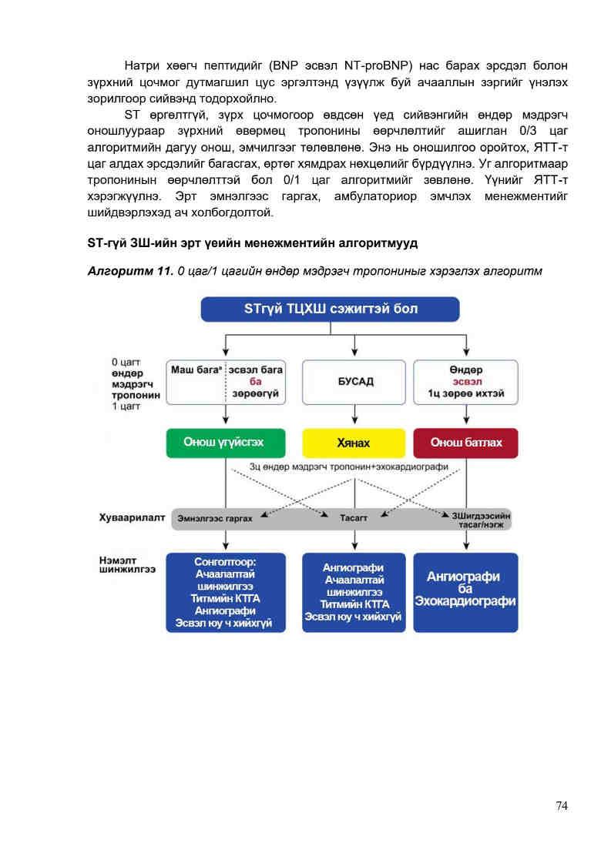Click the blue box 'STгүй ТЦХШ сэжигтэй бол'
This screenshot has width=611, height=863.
(x=330, y=309)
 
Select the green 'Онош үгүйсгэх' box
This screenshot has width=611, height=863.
(x=225, y=443)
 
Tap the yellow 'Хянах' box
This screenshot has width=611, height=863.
(x=353, y=443)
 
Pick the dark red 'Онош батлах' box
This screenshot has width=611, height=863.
(x=465, y=443)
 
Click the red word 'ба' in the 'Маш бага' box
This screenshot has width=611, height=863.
(x=255, y=381)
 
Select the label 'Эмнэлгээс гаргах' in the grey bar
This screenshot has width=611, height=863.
(x=215, y=519)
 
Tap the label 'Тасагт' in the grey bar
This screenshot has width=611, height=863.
(x=354, y=519)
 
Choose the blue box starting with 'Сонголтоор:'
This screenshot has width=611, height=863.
(x=225, y=592)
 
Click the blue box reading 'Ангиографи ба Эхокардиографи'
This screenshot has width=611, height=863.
(x=465, y=592)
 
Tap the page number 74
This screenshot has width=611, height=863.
(x=562, y=805)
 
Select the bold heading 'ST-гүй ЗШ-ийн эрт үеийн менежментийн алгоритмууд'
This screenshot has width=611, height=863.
(x=253, y=243)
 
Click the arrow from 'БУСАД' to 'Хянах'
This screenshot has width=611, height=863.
(x=354, y=416)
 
